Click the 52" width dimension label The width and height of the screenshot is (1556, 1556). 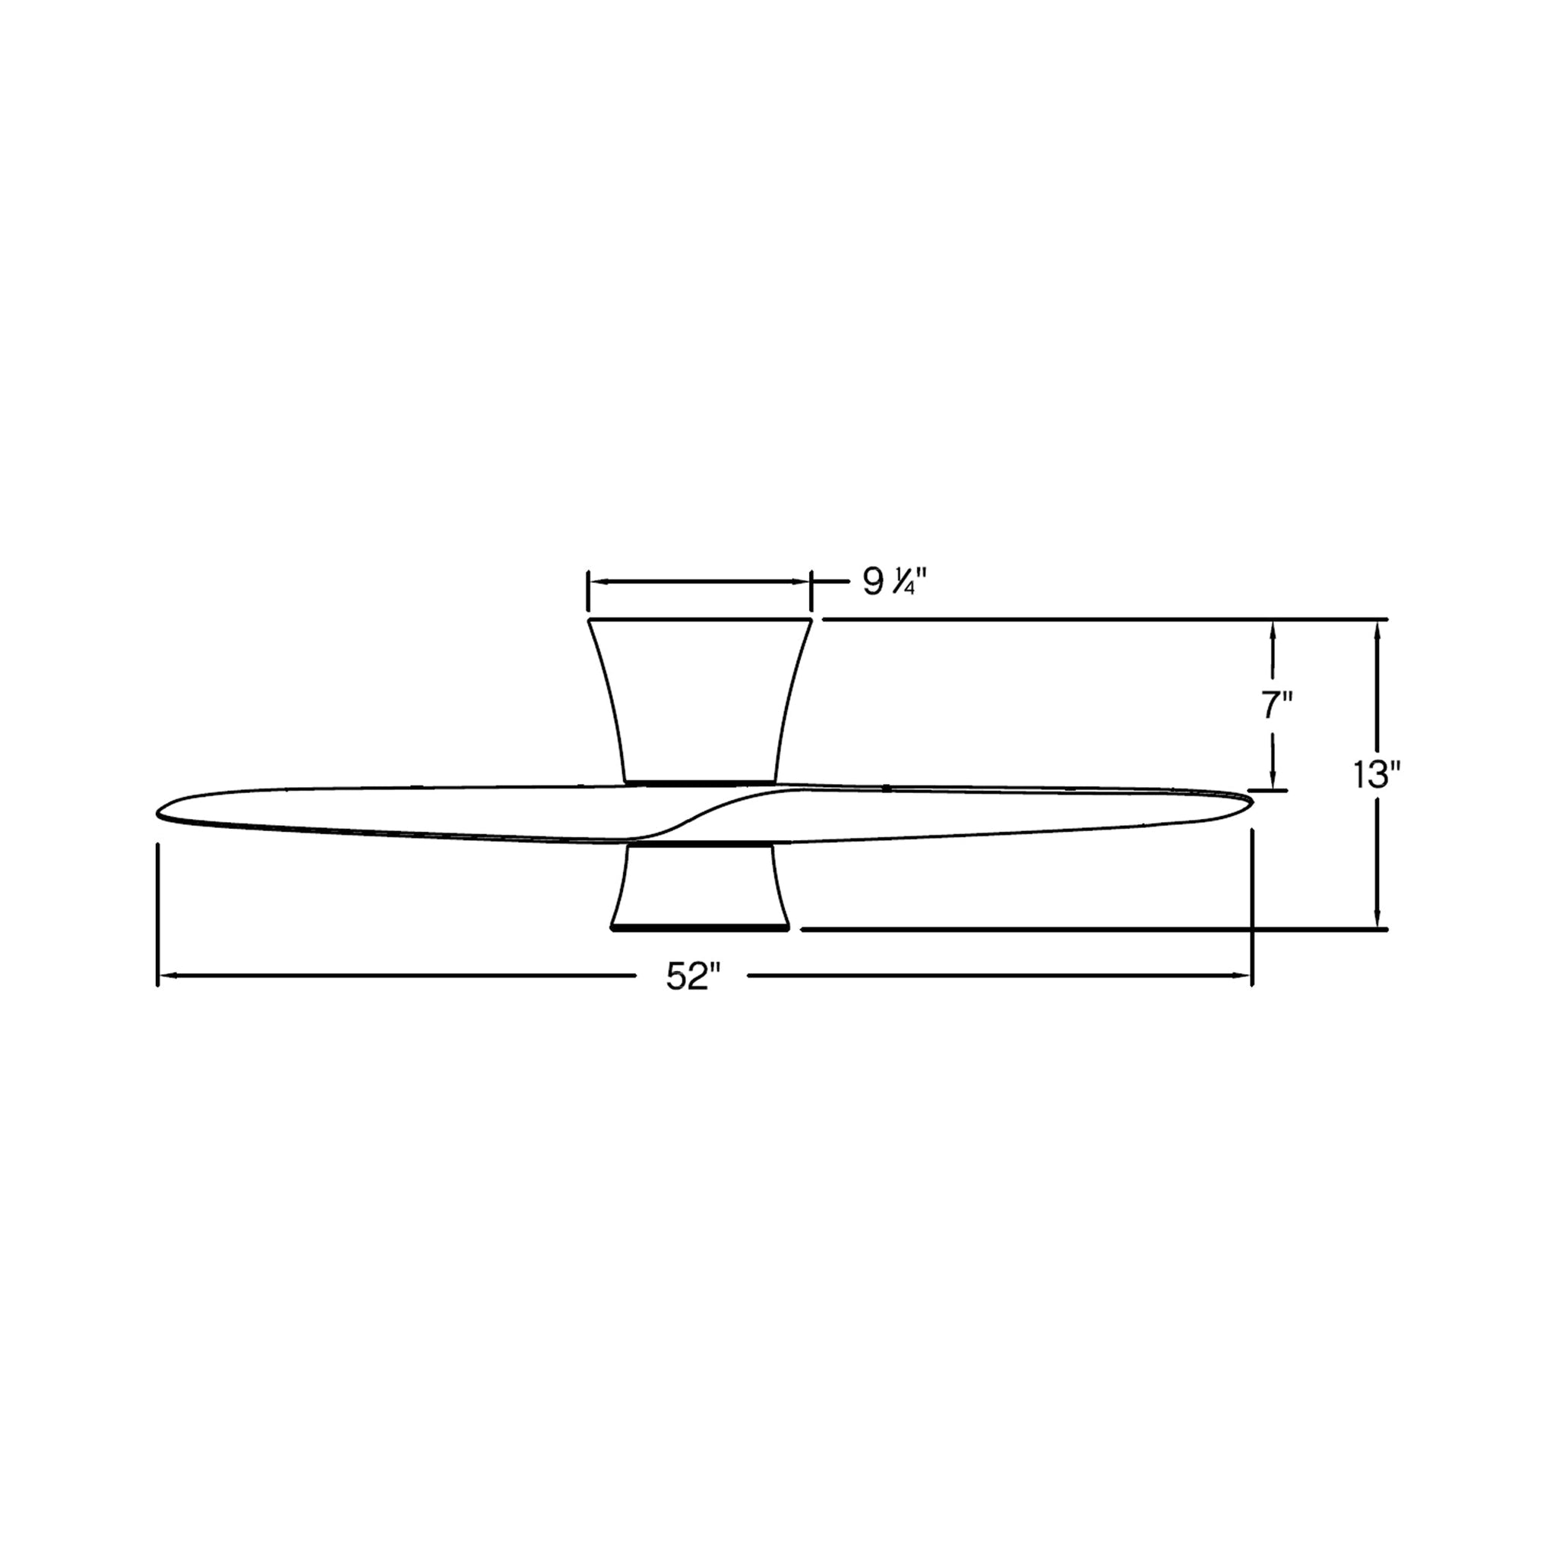click(x=693, y=978)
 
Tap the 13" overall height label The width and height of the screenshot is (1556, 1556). click(x=1377, y=775)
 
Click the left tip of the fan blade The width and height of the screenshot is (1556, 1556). click(x=157, y=812)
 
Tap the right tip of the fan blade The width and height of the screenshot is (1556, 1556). click(x=1251, y=800)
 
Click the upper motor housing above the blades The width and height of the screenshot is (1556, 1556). click(x=699, y=701)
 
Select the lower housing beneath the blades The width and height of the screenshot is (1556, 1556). click(x=699, y=887)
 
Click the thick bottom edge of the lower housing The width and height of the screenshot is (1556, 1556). click(x=699, y=929)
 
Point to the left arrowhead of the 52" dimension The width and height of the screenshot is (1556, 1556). click(x=164, y=976)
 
